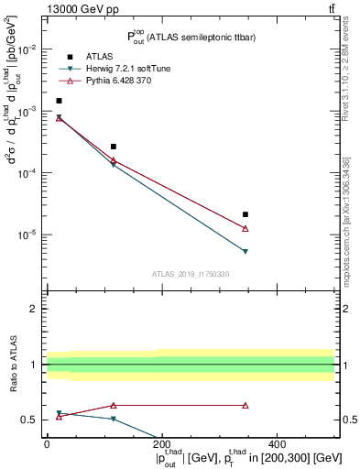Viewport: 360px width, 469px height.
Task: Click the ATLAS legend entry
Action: click(102, 57)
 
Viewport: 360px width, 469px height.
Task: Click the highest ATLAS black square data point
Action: click(59, 101)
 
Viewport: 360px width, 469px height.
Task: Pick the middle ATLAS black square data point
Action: click(114, 147)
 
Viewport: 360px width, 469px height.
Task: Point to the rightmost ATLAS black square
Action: click(245, 214)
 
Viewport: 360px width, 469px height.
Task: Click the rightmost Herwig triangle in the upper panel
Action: click(245, 251)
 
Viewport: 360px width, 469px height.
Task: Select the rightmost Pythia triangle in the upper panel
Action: click(245, 228)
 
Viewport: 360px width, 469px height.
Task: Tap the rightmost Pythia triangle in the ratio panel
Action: click(245, 405)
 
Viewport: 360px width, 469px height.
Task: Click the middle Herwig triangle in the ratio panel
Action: click(114, 419)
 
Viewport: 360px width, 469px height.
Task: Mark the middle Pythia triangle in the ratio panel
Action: click(114, 405)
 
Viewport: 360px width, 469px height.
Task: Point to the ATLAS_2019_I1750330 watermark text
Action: click(190, 274)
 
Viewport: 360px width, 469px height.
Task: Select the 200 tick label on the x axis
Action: click(161, 444)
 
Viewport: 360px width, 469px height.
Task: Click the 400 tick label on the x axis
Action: click(277, 444)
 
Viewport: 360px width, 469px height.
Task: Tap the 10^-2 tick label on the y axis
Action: click(29, 49)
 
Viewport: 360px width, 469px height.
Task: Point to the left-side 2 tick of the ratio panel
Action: click(36, 309)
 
